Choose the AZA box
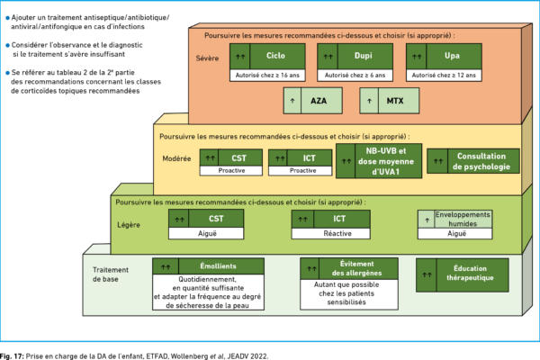(x=312, y=101)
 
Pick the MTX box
(x=389, y=101)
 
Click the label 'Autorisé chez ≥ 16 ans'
(x=267, y=75)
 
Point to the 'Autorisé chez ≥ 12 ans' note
(x=444, y=75)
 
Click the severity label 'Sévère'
(x=207, y=58)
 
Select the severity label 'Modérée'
(x=176, y=158)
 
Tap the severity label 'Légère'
(x=129, y=225)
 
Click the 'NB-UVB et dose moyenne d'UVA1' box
(x=379, y=161)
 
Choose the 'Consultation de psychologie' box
(x=473, y=161)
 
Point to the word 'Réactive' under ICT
(x=337, y=234)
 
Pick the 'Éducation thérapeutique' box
(x=463, y=275)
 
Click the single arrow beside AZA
(x=292, y=101)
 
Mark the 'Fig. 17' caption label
(x=12, y=356)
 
